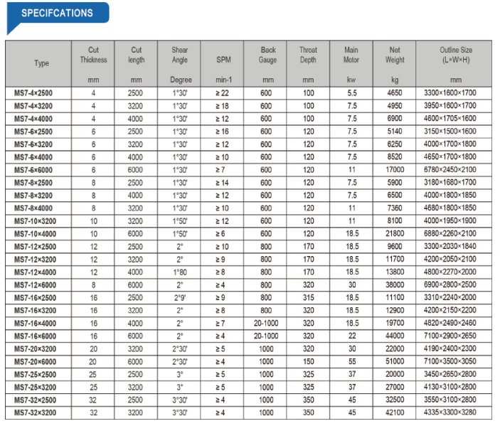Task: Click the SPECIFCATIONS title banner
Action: (x=57, y=13)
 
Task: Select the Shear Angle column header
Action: (x=181, y=55)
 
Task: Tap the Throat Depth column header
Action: (x=308, y=55)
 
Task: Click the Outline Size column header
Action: (x=456, y=55)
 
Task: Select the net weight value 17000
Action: (x=395, y=169)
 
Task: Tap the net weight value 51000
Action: (x=395, y=361)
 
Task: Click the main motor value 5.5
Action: (x=351, y=93)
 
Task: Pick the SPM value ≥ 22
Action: (x=223, y=93)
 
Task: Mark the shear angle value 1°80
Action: (x=181, y=272)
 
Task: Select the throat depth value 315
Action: (x=308, y=297)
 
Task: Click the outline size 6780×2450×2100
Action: (x=456, y=169)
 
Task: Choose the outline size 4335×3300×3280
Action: (x=456, y=412)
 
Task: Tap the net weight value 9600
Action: (x=395, y=246)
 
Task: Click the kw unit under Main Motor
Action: (x=351, y=80)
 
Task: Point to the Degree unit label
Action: (x=181, y=80)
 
